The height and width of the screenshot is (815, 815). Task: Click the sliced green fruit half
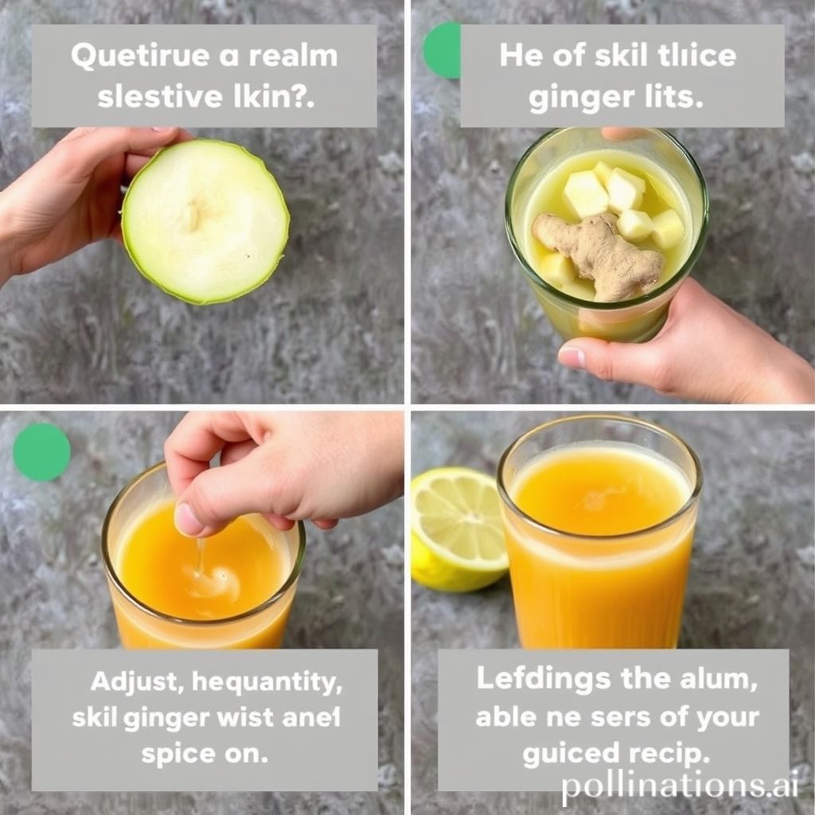(x=205, y=221)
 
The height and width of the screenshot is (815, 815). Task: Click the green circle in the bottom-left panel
(x=41, y=451)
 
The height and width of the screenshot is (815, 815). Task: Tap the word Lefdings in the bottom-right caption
(x=544, y=679)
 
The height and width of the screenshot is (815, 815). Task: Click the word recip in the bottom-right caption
(x=668, y=751)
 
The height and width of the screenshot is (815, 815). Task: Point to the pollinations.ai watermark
(x=679, y=786)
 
